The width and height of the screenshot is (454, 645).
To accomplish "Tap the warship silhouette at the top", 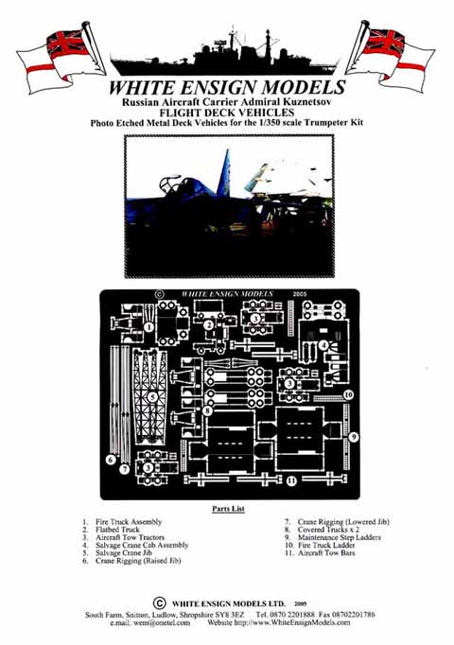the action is coord(225,54).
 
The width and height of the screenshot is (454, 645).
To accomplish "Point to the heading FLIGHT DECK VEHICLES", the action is coord(227,113).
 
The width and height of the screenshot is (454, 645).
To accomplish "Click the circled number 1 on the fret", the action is coord(148,327).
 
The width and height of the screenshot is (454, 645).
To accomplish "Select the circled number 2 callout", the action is coord(209,325).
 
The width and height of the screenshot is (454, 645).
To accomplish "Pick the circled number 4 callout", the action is coord(324,345).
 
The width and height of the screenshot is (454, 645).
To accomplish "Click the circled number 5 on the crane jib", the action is coord(153,397).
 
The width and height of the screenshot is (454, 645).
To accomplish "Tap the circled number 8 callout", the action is coord(208,410).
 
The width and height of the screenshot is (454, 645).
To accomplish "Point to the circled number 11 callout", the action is coord(291,480).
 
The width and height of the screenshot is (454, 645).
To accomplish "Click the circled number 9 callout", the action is coord(354,437).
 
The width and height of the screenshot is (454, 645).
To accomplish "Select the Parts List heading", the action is coord(228,509).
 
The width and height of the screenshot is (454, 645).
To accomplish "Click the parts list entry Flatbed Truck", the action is coord(117,530).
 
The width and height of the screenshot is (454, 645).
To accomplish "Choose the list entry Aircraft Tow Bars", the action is coord(326,553).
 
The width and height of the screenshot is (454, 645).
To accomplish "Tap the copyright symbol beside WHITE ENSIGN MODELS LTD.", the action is coord(160,603).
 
